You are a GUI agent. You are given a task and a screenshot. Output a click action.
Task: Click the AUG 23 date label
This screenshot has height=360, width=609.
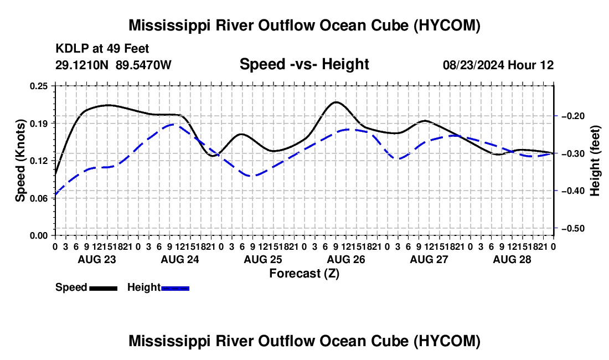point(97,259)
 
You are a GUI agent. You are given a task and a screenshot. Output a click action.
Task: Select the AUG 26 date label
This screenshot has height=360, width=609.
point(346,259)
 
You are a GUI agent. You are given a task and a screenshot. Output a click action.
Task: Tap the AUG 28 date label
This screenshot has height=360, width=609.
point(512,259)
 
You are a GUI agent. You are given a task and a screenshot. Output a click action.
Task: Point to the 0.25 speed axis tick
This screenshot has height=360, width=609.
point(39,86)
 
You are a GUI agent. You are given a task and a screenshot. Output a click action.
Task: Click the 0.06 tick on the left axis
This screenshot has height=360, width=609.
point(39,198)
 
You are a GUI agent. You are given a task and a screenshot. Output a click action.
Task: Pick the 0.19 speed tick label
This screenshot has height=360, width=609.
point(39,124)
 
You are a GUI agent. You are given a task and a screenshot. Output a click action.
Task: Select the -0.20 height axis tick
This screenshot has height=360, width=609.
point(573,116)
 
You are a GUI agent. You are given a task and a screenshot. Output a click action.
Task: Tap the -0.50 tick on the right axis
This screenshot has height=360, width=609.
point(573,228)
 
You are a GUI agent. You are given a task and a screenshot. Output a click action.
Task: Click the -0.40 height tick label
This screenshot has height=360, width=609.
point(573,191)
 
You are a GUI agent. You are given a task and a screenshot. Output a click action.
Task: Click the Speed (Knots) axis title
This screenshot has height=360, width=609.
point(20,161)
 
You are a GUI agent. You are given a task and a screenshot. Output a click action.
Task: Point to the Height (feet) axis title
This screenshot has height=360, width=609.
point(595,161)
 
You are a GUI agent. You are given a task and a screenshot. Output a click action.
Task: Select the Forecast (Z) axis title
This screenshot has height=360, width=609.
point(304,274)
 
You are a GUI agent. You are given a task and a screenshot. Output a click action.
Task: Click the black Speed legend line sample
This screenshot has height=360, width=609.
point(104,288)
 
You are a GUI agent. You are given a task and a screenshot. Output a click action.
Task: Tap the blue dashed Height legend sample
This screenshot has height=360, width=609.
point(175,288)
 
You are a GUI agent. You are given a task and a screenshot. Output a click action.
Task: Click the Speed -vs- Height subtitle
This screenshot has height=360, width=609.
point(304,64)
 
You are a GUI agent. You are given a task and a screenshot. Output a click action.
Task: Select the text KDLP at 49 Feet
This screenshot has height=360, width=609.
point(102,49)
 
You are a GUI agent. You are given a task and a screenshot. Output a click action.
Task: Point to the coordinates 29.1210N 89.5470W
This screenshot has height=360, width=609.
point(113,65)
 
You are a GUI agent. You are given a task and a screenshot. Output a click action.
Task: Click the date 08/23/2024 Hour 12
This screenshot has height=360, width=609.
point(498,65)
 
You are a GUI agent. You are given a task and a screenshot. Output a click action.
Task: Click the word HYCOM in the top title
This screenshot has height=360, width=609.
point(446,25)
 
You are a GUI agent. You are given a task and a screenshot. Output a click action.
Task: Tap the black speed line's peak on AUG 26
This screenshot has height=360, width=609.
point(336,102)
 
